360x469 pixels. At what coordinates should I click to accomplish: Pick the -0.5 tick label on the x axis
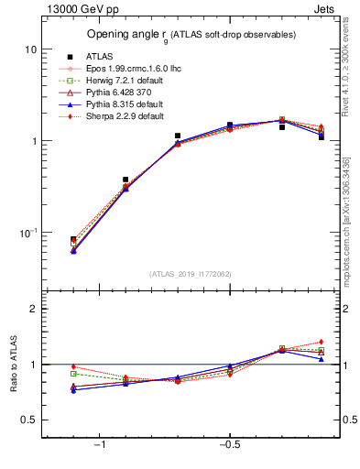(229, 445)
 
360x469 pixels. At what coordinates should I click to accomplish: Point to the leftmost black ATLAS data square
(73, 239)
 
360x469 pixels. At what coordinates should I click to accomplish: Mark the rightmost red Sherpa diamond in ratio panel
(322, 342)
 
